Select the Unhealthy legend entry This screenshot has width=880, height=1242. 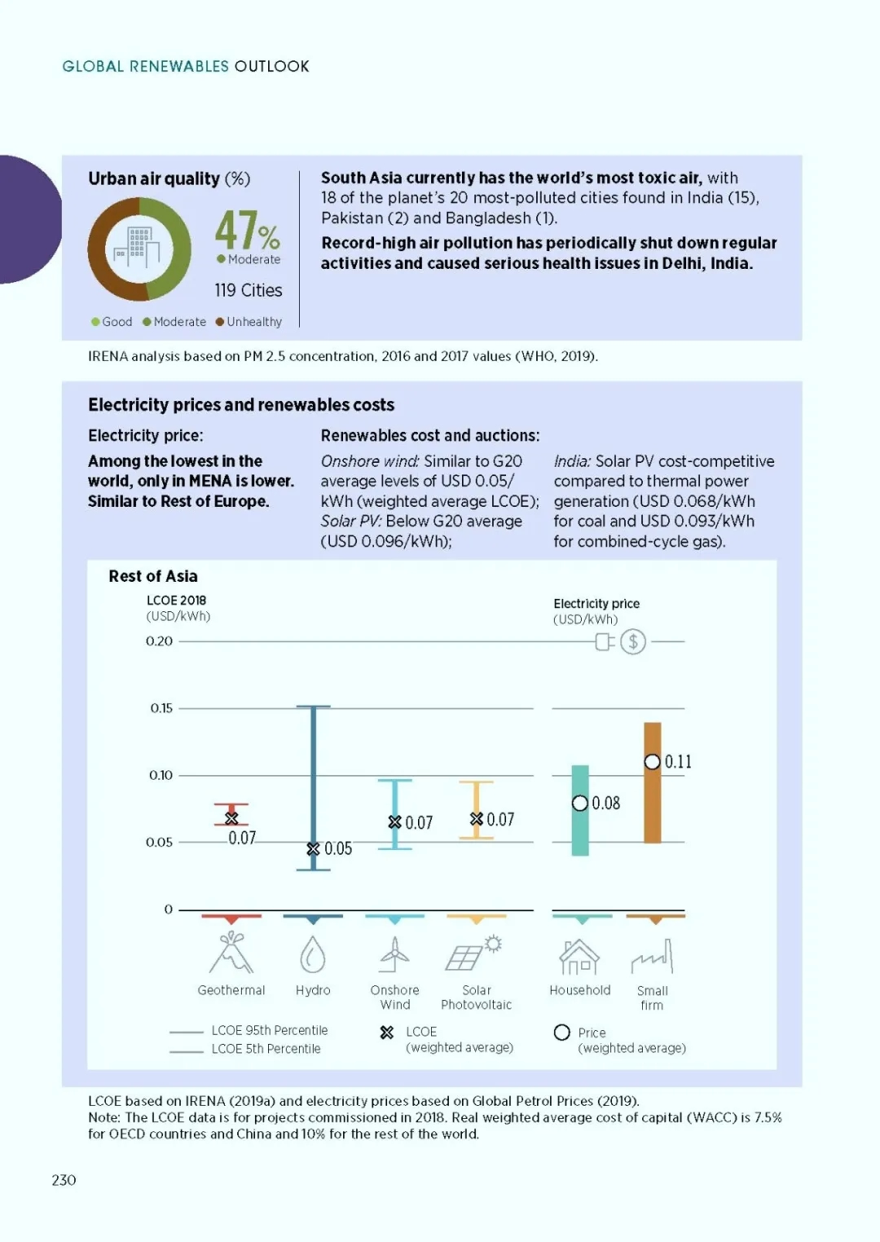point(249,322)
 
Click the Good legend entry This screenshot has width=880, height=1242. point(112,322)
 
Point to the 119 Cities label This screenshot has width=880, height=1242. point(249,290)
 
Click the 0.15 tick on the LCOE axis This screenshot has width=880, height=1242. point(161,708)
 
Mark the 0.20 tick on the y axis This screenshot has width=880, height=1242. point(160,641)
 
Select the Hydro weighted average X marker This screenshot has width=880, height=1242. point(313,849)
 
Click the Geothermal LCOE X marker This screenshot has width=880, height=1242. point(231,818)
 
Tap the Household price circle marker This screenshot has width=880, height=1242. point(580,803)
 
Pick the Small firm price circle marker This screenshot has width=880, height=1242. point(653,762)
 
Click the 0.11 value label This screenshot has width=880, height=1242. point(678,762)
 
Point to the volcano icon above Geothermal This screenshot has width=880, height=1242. point(231,952)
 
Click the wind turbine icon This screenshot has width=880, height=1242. point(394,954)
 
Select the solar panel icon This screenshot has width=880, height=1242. point(473,954)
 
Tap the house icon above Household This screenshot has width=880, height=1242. point(579,957)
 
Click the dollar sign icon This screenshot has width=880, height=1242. point(632,641)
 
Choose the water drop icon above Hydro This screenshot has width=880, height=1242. point(313,954)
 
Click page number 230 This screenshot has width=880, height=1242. point(64,1180)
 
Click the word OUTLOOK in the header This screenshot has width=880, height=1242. point(271,67)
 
